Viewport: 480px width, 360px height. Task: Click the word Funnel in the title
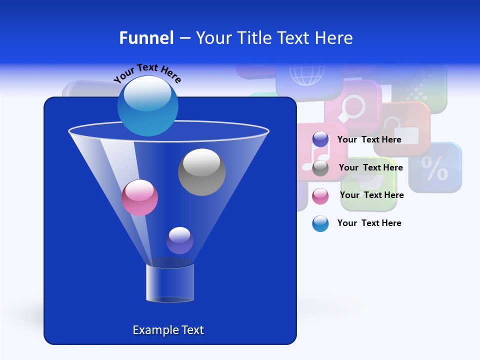point(146,38)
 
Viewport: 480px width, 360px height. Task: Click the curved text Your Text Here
point(147,73)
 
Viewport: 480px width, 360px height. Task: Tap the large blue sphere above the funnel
point(147,105)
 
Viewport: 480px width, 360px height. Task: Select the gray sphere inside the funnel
point(201,172)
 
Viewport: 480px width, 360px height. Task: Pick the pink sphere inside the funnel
point(139,197)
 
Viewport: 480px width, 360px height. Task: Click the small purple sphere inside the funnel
point(179,240)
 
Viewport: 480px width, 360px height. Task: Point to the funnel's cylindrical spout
point(170,283)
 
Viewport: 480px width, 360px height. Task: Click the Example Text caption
point(168,330)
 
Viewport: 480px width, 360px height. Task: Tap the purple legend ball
point(320,139)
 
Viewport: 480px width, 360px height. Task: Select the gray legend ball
point(320,168)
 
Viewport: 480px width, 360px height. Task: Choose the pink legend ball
point(320,196)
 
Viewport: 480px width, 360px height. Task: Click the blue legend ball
point(320,223)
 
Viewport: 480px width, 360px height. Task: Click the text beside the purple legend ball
point(369,139)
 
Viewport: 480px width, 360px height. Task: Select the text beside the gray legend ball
point(370,167)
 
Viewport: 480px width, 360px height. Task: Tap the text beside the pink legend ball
point(371,195)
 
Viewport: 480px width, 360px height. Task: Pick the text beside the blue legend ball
point(369,223)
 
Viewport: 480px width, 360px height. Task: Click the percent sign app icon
point(434,168)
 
